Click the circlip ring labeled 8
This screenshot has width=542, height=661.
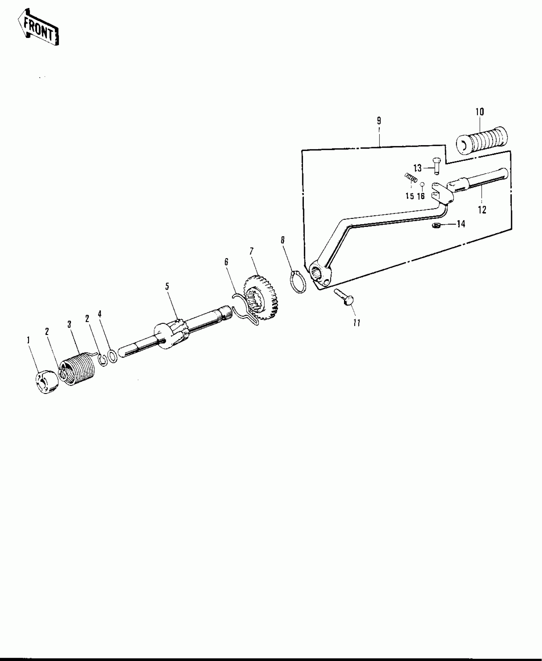[x=298, y=281]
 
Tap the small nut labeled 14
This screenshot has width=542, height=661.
[x=435, y=226]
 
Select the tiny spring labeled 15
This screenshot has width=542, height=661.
[x=411, y=177]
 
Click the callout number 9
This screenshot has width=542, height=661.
[x=379, y=121]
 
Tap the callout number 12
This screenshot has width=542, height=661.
[x=482, y=210]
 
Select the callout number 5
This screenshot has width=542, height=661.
[x=167, y=286]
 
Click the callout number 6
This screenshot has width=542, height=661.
[x=226, y=262]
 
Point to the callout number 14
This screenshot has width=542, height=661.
[x=461, y=224]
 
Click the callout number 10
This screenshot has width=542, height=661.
[x=480, y=112]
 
